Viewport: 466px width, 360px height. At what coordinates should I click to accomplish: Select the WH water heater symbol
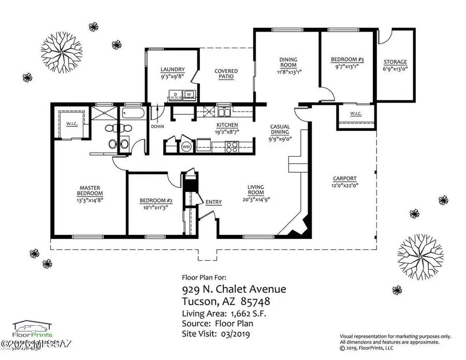[x=185, y=147]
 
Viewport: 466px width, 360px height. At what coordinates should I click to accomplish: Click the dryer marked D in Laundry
[x=176, y=94]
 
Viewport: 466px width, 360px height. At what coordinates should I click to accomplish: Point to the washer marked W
[x=189, y=94]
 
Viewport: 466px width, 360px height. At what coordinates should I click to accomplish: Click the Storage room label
[x=395, y=62]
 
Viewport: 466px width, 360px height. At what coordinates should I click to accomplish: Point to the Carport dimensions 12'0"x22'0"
[x=346, y=185]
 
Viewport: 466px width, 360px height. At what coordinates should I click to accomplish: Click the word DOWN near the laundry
[x=157, y=127]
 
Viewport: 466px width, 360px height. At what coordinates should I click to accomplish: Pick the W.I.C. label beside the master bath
[x=71, y=124]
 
